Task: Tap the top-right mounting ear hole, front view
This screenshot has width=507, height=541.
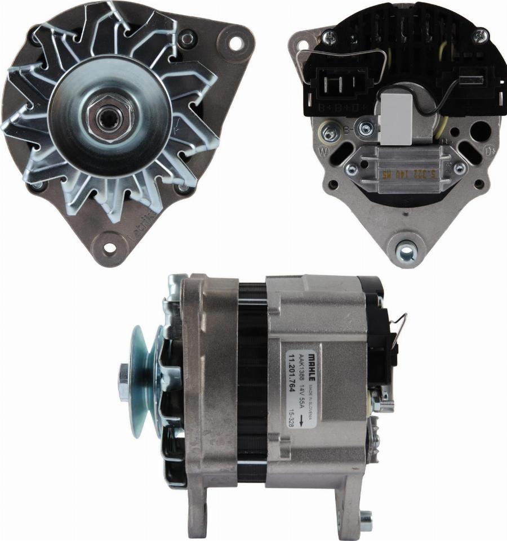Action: pyautogui.click(x=235, y=42)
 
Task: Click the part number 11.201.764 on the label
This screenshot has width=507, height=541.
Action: pyautogui.click(x=292, y=378)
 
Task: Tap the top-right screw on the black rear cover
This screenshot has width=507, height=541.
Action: pyautogui.click(x=479, y=37)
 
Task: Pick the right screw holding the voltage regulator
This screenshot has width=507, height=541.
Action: pyautogui.click(x=459, y=168)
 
